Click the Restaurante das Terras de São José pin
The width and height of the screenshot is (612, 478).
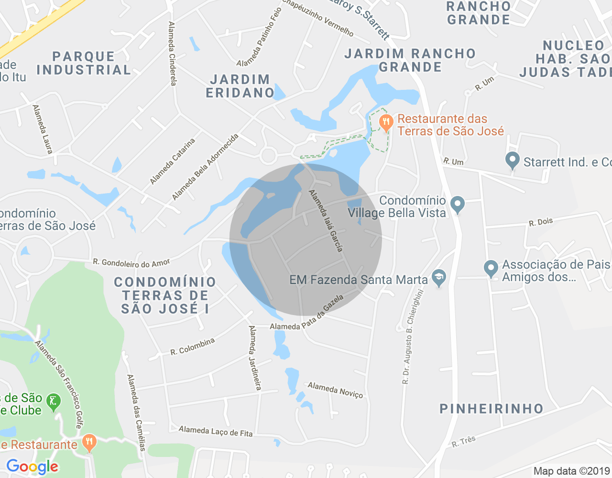tap(386, 123)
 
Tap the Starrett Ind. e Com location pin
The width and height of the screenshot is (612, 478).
tap(513, 161)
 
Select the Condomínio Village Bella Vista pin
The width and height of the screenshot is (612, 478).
tap(458, 205)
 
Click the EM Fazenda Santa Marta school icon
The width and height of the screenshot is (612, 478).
tap(438, 278)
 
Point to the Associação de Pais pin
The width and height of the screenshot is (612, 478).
tap(491, 269)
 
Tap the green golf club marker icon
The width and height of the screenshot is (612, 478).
tap(54, 402)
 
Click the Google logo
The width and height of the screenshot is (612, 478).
tap(33, 467)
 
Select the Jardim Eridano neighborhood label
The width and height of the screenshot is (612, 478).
tap(240, 86)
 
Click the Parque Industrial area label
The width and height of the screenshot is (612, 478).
tap(84, 63)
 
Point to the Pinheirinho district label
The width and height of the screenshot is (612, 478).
tap(492, 409)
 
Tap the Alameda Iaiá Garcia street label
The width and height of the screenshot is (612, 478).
tap(326, 221)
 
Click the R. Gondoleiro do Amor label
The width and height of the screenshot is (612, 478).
tap(131, 263)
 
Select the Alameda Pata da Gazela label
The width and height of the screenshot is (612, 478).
tap(307, 313)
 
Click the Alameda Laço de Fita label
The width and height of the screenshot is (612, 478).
tap(216, 431)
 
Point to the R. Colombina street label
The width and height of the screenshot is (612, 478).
tap(193, 347)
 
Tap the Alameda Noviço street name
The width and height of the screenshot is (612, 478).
tap(335, 390)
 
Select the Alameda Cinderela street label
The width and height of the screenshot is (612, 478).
tap(172, 54)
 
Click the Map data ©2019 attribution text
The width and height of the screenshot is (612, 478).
tap(572, 471)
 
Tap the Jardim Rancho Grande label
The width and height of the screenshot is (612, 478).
tap(410, 60)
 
